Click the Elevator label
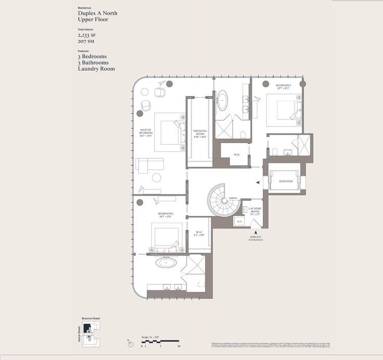pyautogui.click(x=285, y=182)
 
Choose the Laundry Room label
pyautogui.click(x=254, y=210)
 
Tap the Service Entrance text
pyautogui.click(x=256, y=238)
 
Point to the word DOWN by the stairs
pyautogui.click(x=233, y=198)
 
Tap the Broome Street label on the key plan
pyautogui.click(x=91, y=318)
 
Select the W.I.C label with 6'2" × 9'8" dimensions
pyautogui.click(x=199, y=233)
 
